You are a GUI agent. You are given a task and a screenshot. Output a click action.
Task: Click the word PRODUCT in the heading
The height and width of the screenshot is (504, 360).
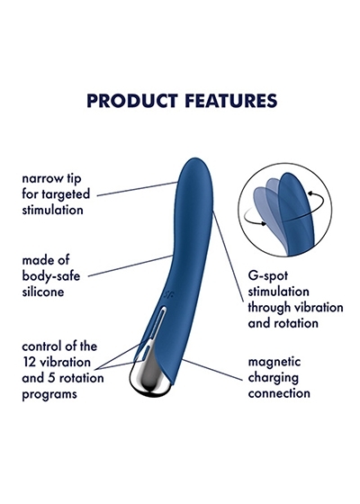click(x=132, y=101)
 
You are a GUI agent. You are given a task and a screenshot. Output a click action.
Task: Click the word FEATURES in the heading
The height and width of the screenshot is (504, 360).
click(x=230, y=101)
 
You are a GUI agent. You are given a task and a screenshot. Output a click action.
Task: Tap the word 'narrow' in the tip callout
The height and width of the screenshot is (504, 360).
click(x=40, y=179)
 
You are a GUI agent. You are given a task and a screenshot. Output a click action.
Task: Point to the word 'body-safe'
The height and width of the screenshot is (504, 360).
click(x=50, y=276)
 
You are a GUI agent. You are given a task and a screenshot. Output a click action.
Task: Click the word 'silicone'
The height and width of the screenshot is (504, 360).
click(x=43, y=292)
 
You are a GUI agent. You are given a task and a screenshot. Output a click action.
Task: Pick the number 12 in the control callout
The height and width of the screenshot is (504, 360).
click(x=28, y=362)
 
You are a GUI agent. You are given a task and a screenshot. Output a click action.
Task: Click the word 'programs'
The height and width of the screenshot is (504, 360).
click(x=49, y=395)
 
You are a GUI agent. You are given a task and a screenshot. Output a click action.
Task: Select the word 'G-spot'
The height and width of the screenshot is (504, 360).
click(x=268, y=276)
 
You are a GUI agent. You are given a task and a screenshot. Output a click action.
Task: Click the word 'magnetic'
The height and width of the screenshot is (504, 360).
click(x=274, y=362)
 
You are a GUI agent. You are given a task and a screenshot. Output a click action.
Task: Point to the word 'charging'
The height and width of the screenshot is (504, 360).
click(x=274, y=378)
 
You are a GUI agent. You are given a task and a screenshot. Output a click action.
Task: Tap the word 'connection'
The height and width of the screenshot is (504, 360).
click(x=279, y=393)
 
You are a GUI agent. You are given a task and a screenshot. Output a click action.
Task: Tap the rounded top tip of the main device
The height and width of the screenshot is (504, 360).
click(x=195, y=160)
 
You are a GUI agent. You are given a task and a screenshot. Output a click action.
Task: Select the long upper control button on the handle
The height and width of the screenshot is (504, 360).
click(x=157, y=322)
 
